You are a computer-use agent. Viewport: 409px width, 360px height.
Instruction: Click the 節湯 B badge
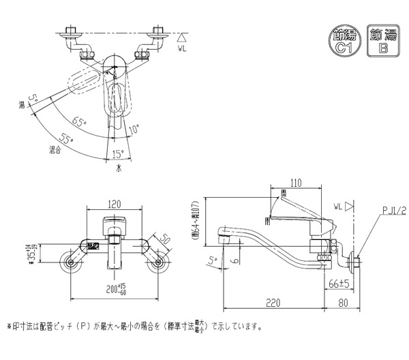(382, 40)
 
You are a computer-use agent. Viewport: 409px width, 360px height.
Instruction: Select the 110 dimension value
(295, 183)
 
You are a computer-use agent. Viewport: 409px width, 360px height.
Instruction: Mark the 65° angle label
(78, 123)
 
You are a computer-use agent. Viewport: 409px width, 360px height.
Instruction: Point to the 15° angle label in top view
(118, 153)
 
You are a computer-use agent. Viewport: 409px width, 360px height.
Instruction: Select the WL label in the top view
(181, 48)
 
